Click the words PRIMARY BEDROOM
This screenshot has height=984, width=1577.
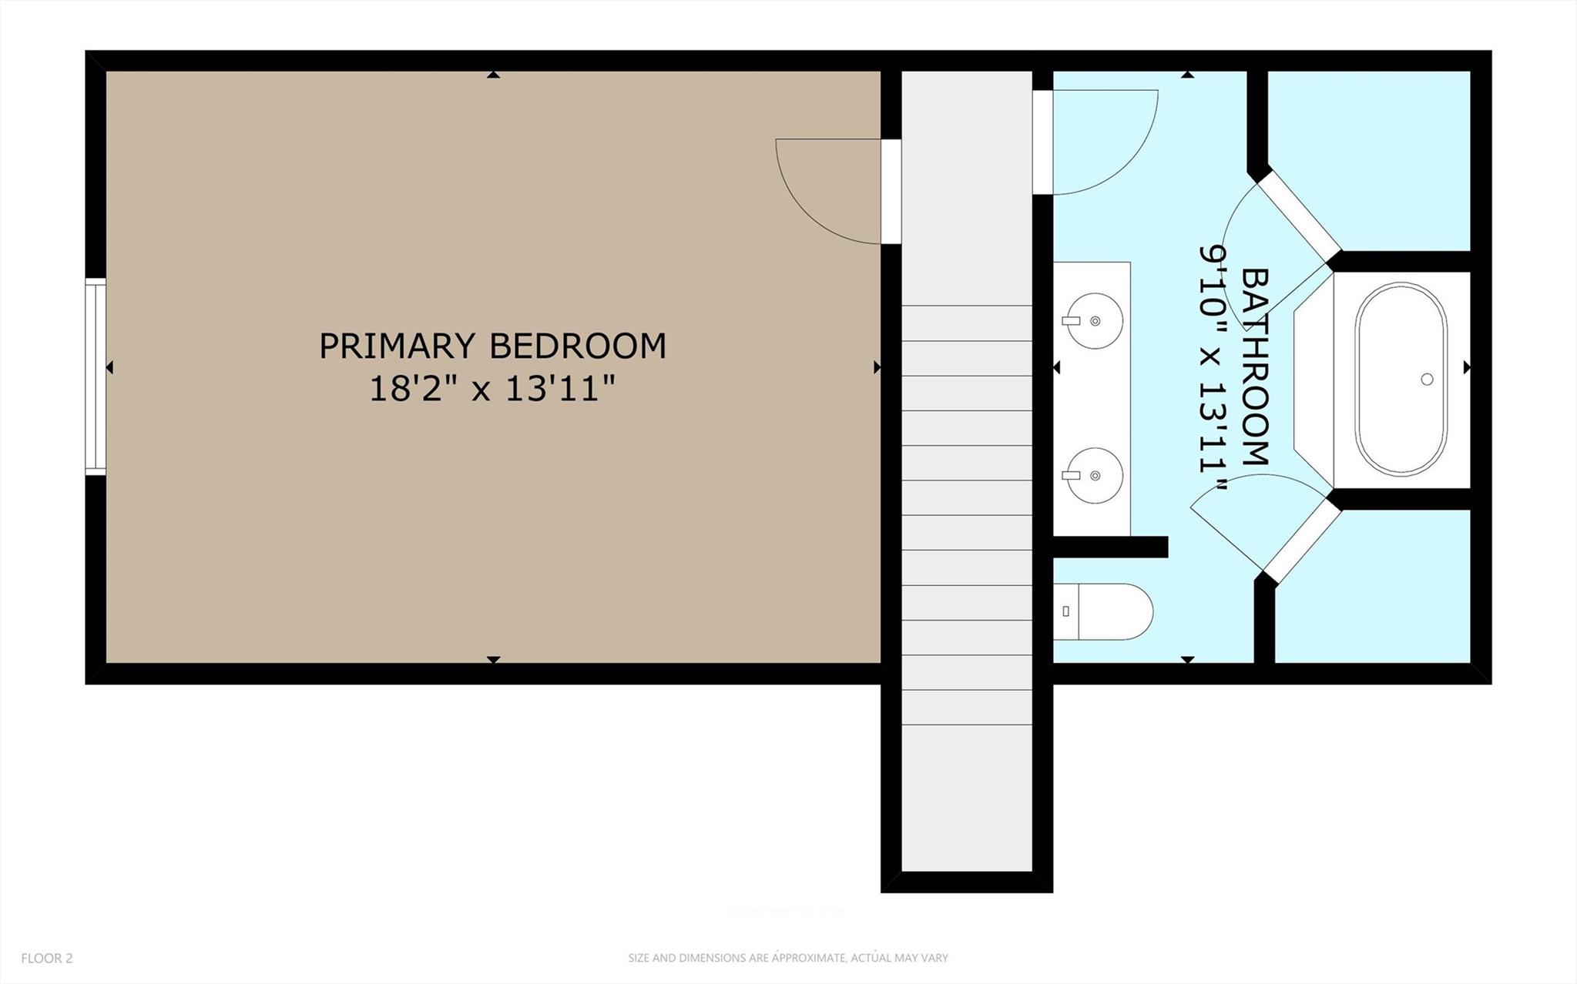coord(492,346)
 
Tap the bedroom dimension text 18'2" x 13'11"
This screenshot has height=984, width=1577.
coord(492,389)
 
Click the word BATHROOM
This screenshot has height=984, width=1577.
coord(1256,367)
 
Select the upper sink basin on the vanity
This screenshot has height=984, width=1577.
coord(1094,320)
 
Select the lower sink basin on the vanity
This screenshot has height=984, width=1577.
coord(1094,476)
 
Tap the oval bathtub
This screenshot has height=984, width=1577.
coord(1401,379)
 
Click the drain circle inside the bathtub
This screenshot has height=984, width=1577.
coord(1426,379)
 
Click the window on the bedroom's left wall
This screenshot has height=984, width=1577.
coord(95,377)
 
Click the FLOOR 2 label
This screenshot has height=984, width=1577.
coord(47,959)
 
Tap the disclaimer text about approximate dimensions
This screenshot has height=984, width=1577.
coord(787,959)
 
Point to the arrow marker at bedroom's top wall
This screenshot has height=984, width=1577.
coord(493,75)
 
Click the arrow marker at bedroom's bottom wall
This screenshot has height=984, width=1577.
coord(493,660)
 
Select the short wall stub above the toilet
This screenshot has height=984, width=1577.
coord(1110,547)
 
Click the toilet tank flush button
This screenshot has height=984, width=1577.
coord(1065,611)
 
